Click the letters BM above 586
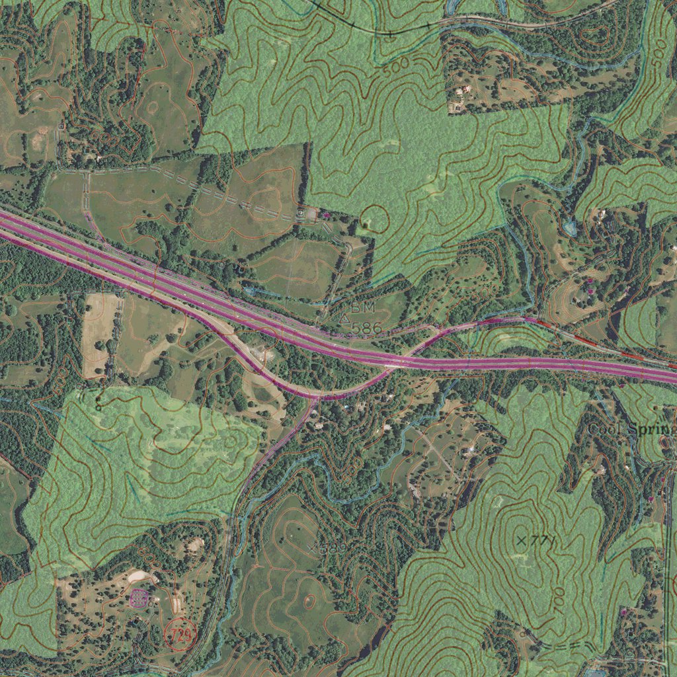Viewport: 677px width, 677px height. coord(363,309)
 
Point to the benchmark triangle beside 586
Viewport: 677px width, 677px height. coord(343,319)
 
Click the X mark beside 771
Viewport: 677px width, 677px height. coord(522,541)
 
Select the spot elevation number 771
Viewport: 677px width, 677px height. coord(541,541)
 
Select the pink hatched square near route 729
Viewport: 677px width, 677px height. coord(139,599)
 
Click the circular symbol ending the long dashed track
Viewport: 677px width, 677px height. coord(302,214)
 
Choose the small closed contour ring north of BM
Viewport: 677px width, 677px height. coord(375,217)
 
